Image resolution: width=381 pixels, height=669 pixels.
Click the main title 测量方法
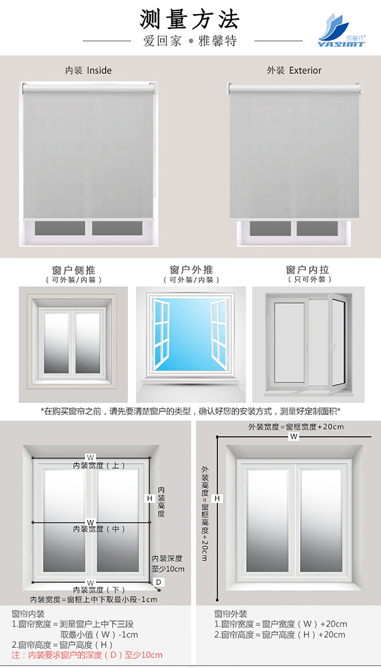(x=189, y=20)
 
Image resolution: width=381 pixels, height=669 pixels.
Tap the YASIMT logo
(x=341, y=30)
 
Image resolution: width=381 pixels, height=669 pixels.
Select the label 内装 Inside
(x=88, y=71)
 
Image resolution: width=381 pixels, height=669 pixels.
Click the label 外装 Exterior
(x=294, y=71)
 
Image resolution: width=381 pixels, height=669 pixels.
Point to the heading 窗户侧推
(x=74, y=270)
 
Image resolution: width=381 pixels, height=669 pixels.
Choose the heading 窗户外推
(x=191, y=270)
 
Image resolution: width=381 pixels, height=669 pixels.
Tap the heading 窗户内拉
(x=308, y=270)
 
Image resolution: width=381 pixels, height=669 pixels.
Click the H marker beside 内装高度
(x=150, y=499)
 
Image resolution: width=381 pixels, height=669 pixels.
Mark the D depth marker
(x=158, y=582)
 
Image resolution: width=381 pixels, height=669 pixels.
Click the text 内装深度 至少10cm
(x=168, y=563)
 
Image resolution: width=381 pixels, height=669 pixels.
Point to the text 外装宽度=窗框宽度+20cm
(x=296, y=427)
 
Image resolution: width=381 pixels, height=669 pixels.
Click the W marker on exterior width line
(x=294, y=436)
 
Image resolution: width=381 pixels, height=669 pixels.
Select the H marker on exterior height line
(x=217, y=499)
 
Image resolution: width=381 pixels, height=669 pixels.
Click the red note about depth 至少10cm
(x=87, y=655)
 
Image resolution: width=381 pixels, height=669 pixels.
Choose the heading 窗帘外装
(x=231, y=614)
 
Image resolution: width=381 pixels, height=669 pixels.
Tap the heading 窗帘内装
(x=28, y=614)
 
